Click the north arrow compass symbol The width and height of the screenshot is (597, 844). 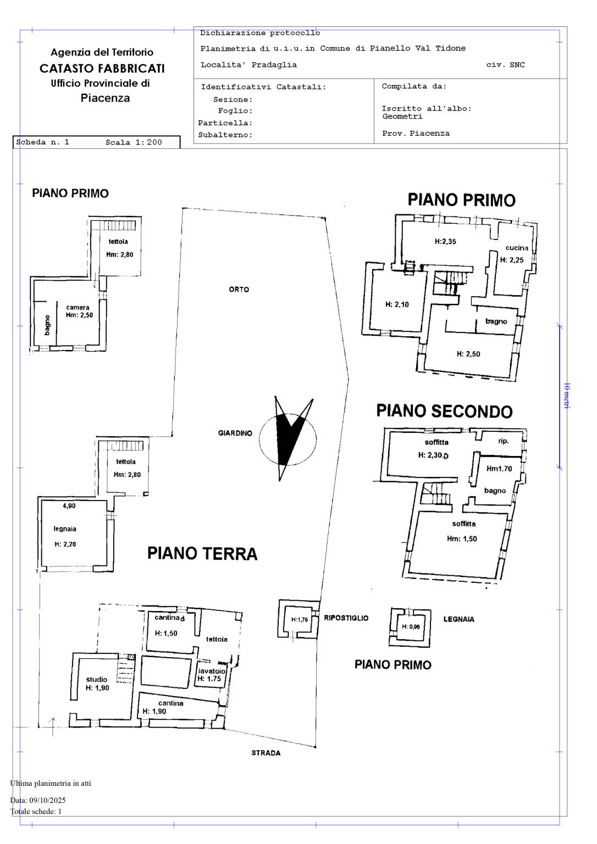point(288,438)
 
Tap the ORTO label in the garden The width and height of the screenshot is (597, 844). point(239,290)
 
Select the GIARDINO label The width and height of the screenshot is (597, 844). point(235,434)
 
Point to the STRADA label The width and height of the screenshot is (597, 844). point(266,753)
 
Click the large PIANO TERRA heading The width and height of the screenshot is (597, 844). point(202,553)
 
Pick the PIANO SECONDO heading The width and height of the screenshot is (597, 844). point(444,411)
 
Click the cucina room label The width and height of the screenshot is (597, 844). point(517,248)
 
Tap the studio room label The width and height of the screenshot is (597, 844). point(97,679)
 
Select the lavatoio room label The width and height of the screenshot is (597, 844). point(212,671)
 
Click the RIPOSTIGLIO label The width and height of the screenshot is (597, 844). point(346,618)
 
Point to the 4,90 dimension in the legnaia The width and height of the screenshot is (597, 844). point(69,506)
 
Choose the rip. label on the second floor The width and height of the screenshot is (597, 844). point(504,441)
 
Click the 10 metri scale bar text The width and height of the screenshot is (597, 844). point(566,396)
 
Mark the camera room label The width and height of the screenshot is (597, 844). point(78,308)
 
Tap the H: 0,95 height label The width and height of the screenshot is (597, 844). point(411,626)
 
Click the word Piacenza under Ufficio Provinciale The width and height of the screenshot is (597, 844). point(105,98)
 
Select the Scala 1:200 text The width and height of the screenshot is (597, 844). point(134,142)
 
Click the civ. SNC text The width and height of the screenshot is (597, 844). point(505,65)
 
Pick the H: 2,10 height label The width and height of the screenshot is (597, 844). point(397,304)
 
